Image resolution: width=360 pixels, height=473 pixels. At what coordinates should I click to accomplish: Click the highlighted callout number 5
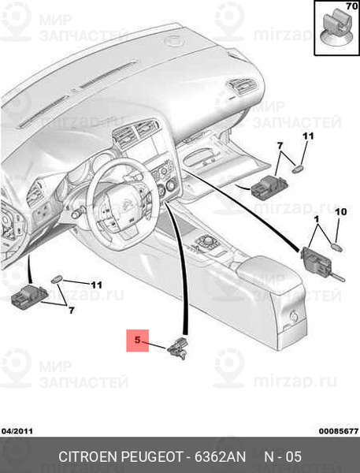[x=138, y=341]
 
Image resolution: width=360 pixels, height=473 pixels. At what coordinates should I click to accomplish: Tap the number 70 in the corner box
[x=351, y=6]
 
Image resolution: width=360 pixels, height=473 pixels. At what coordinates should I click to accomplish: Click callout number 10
[x=341, y=212]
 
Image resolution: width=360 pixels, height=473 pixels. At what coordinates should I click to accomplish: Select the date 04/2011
[x=17, y=431]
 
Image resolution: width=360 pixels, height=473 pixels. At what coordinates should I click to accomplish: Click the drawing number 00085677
[x=339, y=431]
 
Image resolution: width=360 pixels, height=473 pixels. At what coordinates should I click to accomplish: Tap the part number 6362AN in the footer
[x=220, y=456]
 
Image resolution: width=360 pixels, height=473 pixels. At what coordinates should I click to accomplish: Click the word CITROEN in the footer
[x=87, y=456]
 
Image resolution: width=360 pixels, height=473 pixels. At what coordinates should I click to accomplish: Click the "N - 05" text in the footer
[x=283, y=456]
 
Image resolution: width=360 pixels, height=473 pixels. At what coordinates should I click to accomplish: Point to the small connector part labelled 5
[x=178, y=348]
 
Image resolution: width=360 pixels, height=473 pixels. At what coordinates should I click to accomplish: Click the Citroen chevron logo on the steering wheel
[x=128, y=205]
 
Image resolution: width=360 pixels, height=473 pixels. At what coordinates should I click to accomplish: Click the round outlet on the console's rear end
[x=294, y=316]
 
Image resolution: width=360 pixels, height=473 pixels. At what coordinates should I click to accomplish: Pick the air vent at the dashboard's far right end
[x=243, y=85]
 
